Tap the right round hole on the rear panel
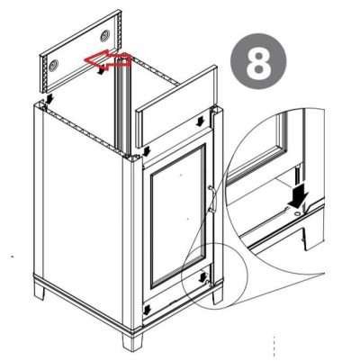click(106, 34)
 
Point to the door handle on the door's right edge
click(210, 199)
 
